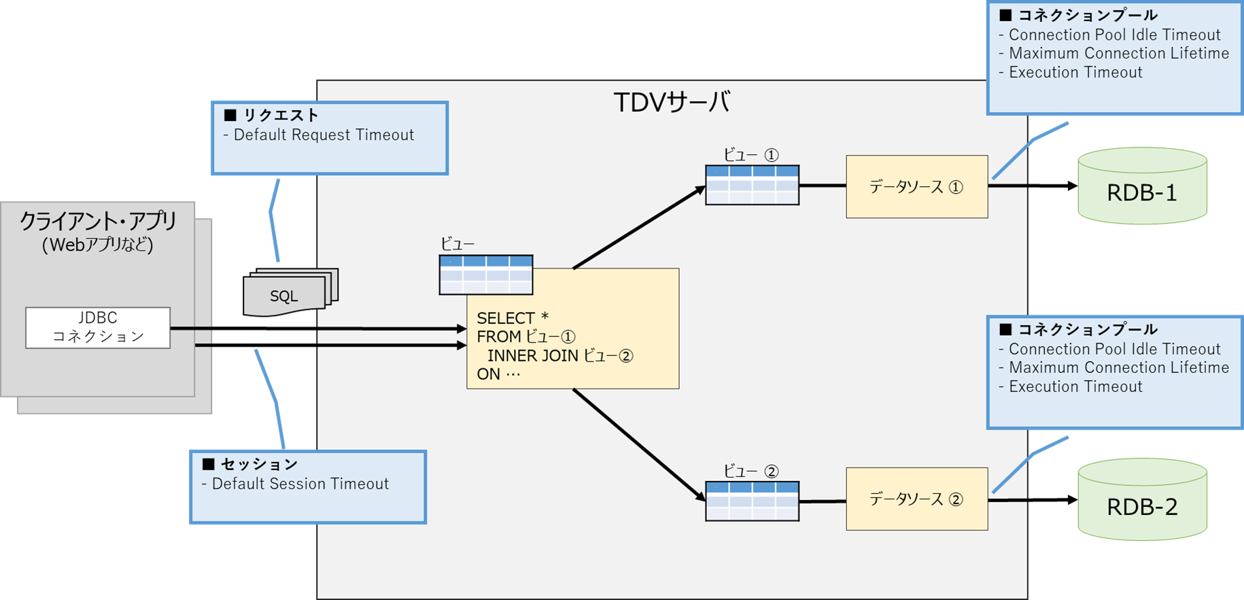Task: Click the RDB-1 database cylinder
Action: [x=1142, y=186]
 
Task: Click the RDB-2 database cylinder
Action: [x=1142, y=499]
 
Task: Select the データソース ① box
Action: [x=917, y=187]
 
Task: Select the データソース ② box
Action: [x=917, y=499]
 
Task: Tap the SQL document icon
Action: [x=290, y=293]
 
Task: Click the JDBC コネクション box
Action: [x=98, y=328]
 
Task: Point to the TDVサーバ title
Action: [x=672, y=103]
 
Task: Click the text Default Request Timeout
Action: [x=324, y=135]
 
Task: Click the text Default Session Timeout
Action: [x=300, y=484]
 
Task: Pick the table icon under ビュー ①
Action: [x=753, y=185]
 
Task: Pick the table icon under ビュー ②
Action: [x=753, y=501]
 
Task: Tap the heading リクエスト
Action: [x=281, y=115]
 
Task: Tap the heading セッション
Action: [x=259, y=464]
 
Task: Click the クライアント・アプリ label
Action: [x=98, y=221]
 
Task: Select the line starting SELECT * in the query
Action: [x=513, y=318]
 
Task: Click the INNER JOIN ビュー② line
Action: [x=560, y=355]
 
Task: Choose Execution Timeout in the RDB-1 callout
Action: [x=1075, y=73]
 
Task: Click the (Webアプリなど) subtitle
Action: [x=98, y=245]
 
